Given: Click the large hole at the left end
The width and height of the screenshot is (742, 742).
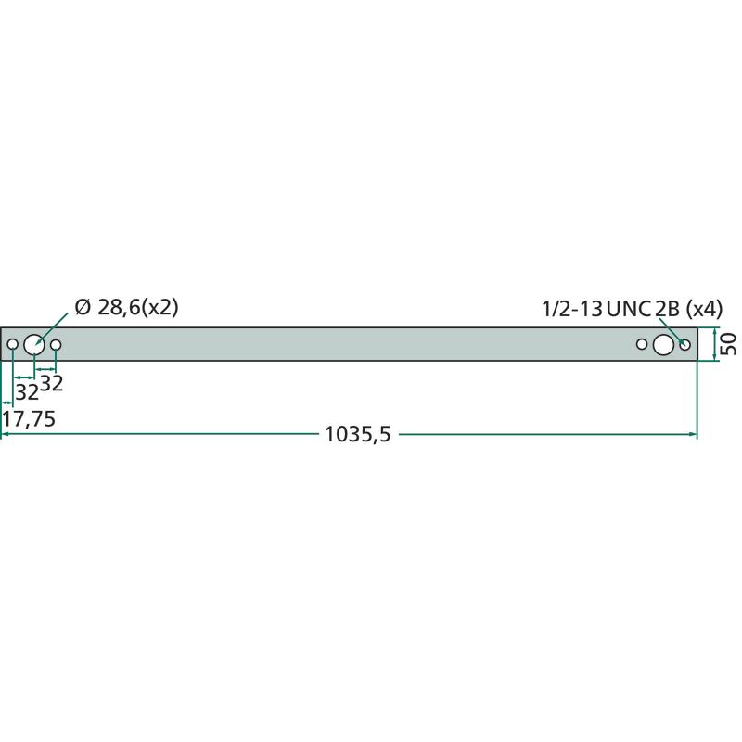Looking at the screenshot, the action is (34, 344).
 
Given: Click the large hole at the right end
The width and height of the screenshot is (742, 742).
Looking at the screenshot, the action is (663, 345).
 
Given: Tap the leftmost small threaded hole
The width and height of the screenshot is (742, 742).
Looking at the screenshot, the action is (13, 344).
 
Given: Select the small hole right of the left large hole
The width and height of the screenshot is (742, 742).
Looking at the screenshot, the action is (56, 344).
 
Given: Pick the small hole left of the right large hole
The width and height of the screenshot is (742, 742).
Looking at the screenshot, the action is (642, 344).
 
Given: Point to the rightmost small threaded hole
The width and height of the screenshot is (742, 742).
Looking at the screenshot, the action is (684, 345).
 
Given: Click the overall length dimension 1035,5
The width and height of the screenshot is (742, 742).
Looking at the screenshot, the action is (358, 434).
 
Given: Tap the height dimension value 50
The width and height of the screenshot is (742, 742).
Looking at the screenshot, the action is (729, 344).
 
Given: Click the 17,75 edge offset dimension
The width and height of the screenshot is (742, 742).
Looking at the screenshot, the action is (29, 419).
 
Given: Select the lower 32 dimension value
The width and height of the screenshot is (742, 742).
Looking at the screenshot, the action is (27, 392).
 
